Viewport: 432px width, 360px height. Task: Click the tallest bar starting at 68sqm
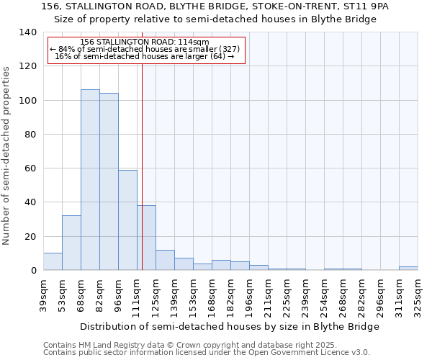90,180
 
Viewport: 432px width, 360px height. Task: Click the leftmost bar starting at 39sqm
53,261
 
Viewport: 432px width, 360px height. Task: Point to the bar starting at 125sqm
165,260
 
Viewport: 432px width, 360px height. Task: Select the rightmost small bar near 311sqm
408,269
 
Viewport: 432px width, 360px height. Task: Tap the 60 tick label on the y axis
30,168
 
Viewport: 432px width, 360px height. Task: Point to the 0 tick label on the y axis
33,271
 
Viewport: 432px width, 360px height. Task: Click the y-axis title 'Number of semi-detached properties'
7,155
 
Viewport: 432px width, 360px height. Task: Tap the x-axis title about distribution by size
229,326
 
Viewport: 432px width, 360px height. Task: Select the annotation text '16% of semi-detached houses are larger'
145,56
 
